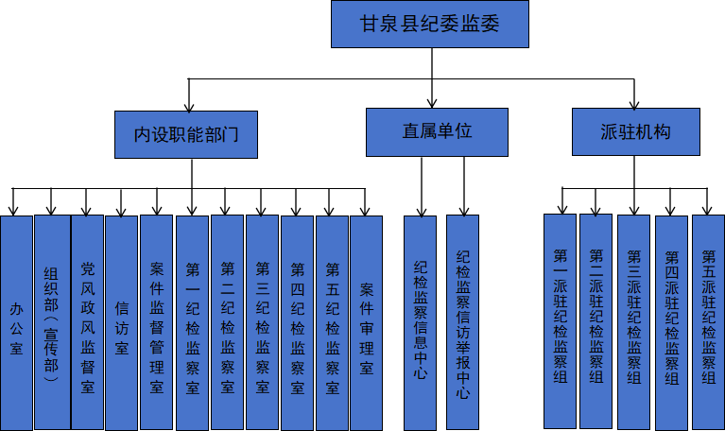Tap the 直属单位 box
point(437,132)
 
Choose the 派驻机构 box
point(635,132)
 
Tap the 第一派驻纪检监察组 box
point(561,322)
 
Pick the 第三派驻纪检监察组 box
point(634,322)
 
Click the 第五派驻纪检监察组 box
point(708,322)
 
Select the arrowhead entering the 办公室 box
point(13,210)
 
